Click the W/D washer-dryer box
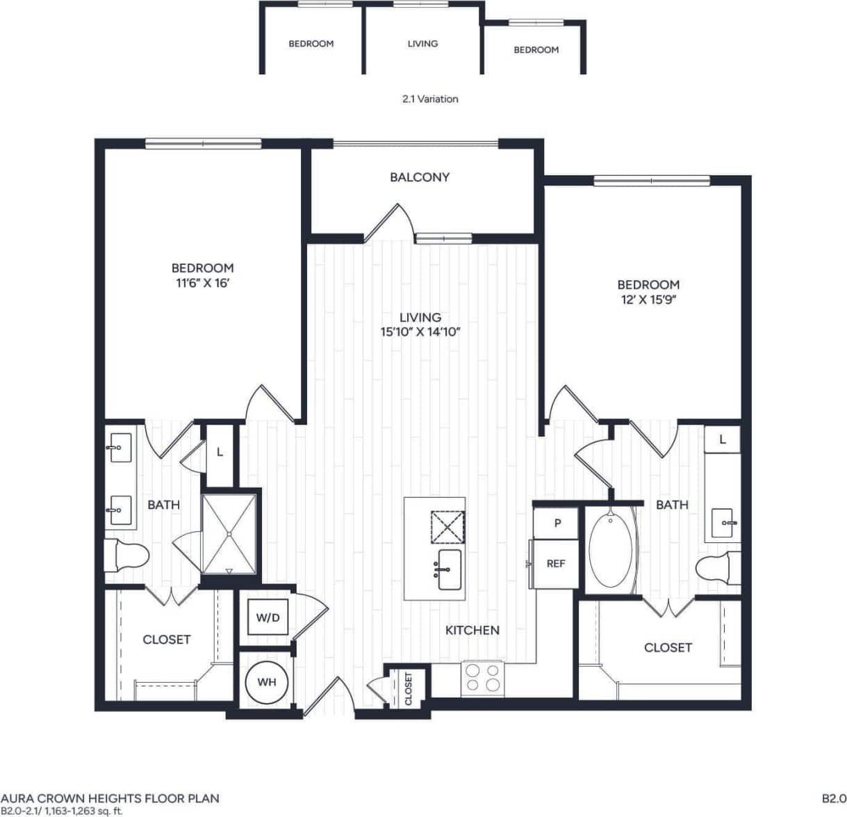point(268,617)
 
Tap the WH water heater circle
point(267,682)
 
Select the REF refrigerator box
point(555,564)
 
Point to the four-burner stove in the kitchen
point(483,677)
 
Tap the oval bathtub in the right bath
point(611,550)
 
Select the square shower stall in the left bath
point(229,533)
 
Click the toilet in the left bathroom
point(126,556)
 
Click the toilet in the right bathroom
point(717,568)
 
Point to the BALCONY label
point(420,177)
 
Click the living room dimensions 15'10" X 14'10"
point(420,332)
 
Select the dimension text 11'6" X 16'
point(202,283)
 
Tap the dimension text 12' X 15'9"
point(648,300)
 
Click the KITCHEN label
point(472,630)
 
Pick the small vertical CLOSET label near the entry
point(409,688)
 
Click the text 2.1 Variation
point(430,99)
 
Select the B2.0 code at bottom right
point(834,798)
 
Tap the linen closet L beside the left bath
point(220,452)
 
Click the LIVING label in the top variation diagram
point(422,43)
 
